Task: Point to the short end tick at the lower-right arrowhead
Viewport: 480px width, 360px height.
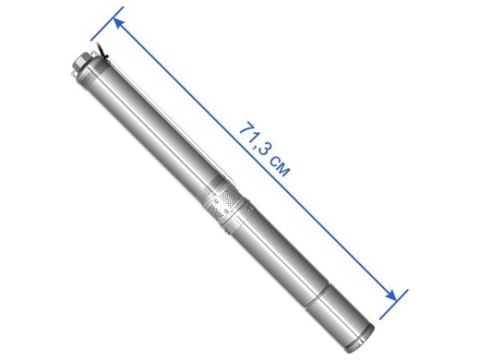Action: click(396, 298)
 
